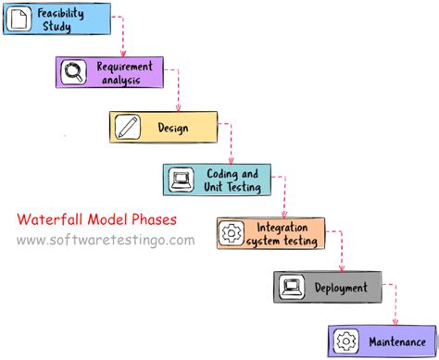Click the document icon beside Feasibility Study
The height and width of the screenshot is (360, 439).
18,19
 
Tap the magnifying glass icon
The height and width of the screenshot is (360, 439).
72,72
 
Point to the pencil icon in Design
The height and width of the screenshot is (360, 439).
127,127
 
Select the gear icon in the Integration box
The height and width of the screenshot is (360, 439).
231,234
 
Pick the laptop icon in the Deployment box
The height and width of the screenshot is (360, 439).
291,288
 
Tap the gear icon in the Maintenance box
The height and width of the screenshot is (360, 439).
345,341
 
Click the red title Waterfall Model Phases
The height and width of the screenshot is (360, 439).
95,220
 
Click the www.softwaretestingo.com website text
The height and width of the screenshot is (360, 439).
106,240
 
